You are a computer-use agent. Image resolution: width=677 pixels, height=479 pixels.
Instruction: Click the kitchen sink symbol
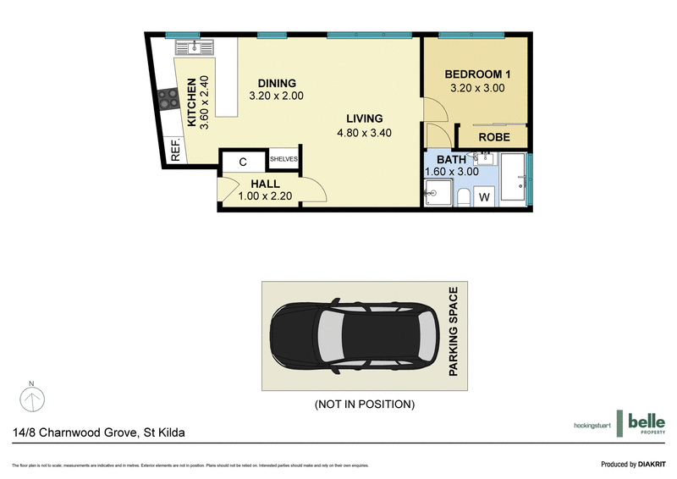[195, 47]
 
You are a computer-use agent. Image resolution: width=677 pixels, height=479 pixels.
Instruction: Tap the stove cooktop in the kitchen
[168, 99]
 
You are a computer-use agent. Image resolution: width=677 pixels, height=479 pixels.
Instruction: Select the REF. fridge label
[176, 151]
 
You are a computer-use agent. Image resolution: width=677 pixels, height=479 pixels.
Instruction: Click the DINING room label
[277, 83]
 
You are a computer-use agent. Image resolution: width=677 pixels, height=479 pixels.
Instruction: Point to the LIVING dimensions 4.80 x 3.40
[364, 133]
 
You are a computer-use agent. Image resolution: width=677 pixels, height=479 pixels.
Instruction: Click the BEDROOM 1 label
[476, 74]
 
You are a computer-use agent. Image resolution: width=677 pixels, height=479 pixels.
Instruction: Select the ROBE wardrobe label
[493, 136]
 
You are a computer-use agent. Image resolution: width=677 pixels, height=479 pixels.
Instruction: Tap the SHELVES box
[283, 159]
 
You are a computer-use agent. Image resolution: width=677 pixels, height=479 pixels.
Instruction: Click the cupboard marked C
[243, 162]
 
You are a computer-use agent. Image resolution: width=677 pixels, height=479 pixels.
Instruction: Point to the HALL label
[265, 184]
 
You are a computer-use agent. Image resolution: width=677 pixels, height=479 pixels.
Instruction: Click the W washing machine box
[484, 196]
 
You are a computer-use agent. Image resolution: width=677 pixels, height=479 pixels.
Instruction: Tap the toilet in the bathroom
[462, 197]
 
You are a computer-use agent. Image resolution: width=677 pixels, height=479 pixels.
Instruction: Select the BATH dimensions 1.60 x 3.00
[452, 172]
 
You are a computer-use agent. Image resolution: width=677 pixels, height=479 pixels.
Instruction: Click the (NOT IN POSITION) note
[364, 405]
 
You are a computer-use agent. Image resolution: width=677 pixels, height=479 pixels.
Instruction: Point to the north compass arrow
[31, 396]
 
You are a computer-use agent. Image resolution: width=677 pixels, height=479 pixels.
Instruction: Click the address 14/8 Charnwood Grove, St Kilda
[99, 432]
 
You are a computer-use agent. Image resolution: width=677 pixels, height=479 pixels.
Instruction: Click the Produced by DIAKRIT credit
[632, 464]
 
